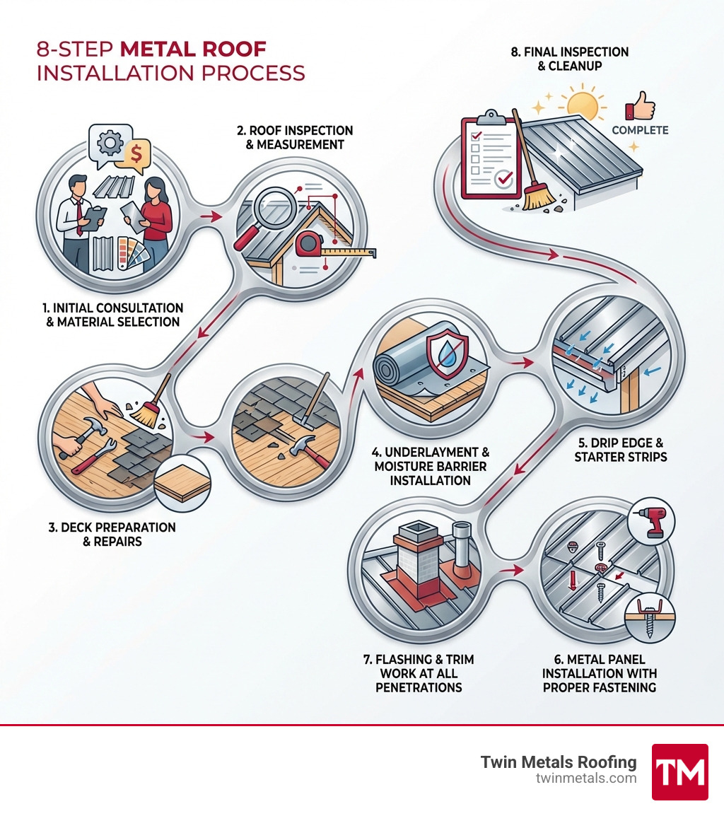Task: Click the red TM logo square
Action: [x=679, y=771]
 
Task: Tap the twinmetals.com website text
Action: [x=586, y=779]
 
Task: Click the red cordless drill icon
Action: [x=653, y=522]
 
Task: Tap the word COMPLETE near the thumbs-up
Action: [x=640, y=130]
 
